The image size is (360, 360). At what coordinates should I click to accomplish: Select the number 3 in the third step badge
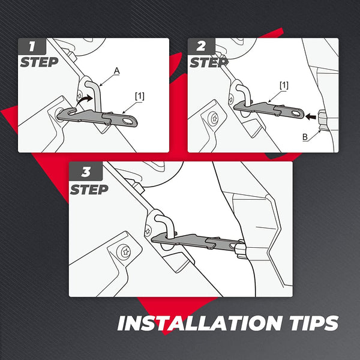(85, 172)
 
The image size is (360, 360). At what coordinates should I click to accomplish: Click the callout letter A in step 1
(118, 71)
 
